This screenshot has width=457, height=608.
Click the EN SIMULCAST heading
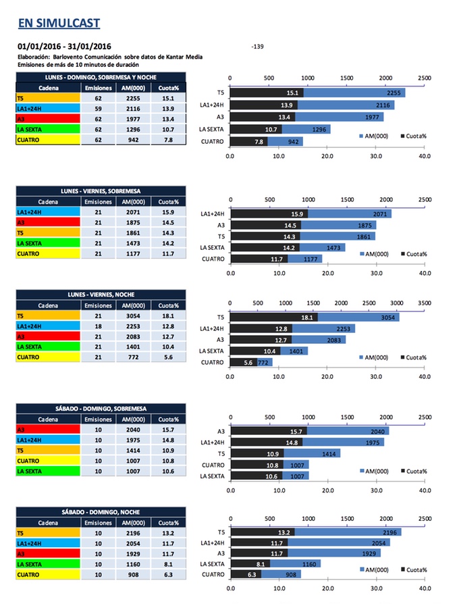[x=59, y=24]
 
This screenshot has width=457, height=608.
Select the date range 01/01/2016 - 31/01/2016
[x=64, y=47]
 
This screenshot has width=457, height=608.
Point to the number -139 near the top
[x=257, y=47]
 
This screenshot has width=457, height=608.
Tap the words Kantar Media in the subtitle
[x=183, y=57]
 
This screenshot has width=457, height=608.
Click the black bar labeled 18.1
[x=275, y=317]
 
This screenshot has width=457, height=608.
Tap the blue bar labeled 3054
[x=358, y=317]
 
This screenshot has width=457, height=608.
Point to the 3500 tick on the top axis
[x=425, y=303]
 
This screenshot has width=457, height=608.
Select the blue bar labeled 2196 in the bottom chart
[x=348, y=532]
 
